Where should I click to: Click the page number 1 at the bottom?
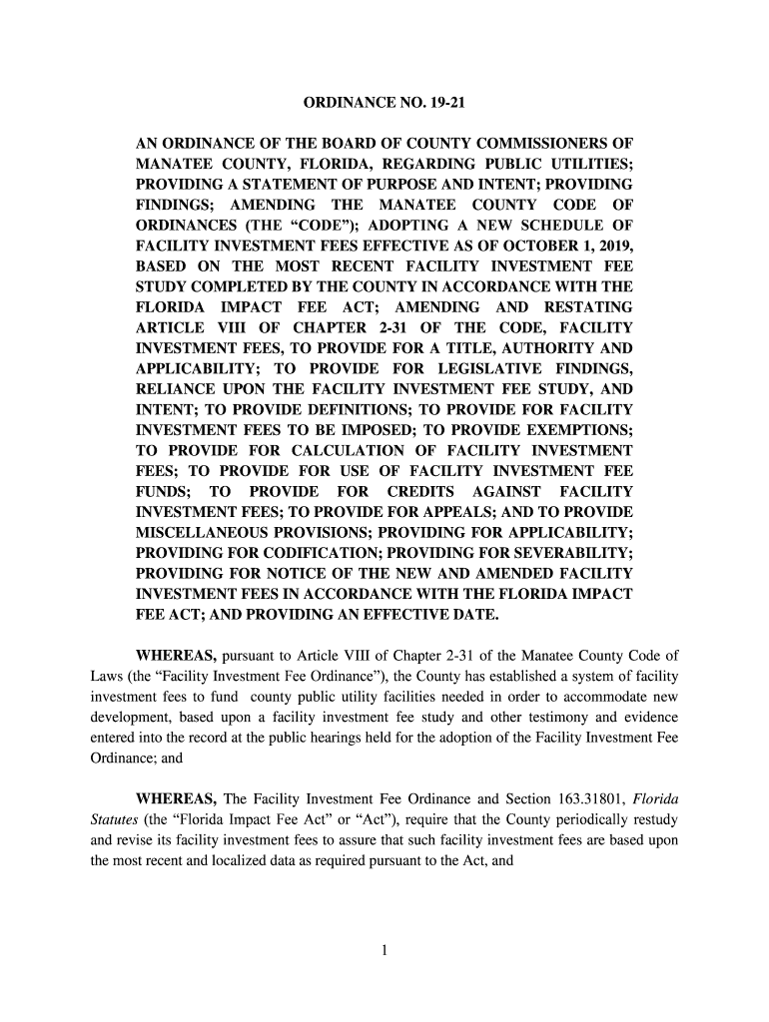384,949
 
